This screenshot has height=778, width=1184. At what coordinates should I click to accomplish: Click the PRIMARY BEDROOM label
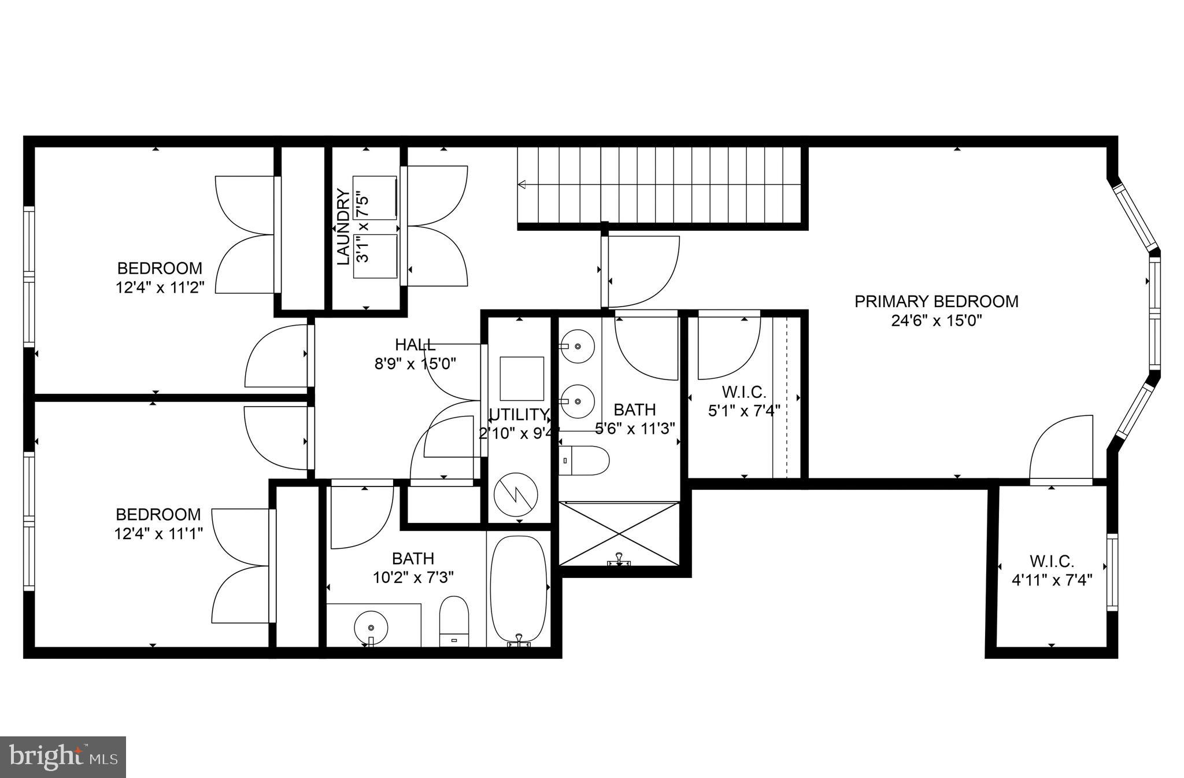[936, 301]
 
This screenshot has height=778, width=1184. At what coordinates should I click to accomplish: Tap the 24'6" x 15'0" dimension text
[937, 320]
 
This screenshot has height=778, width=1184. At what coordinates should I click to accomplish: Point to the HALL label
[415, 345]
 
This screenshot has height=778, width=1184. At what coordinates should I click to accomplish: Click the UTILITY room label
[519, 414]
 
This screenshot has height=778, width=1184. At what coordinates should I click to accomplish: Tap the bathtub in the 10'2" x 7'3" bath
[519, 589]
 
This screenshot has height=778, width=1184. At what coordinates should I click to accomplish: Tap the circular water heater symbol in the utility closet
[516, 494]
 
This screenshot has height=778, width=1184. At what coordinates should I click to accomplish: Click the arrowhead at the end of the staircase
[521, 185]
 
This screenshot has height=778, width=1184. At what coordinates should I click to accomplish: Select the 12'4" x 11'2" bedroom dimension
[160, 287]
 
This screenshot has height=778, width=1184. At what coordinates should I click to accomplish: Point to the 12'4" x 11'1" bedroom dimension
[158, 533]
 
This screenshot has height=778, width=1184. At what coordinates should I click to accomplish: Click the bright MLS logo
[63, 757]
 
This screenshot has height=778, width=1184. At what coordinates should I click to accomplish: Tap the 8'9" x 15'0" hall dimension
[415, 364]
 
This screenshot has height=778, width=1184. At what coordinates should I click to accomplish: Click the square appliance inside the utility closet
[521, 378]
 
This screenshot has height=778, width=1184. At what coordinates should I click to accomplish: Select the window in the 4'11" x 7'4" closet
[1112, 572]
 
